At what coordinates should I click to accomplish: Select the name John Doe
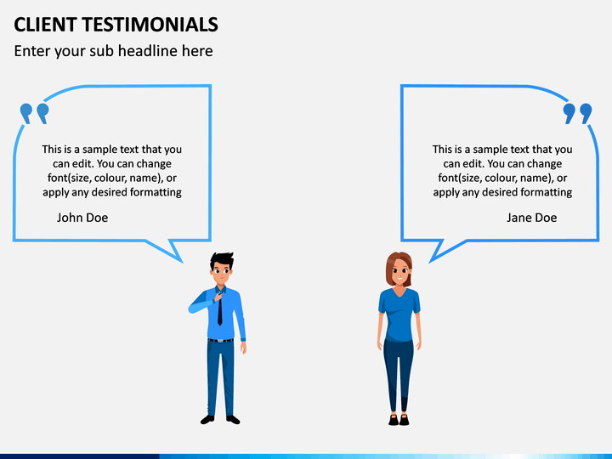82,218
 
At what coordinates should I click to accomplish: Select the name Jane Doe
531,218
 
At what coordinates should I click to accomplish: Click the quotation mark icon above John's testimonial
34,113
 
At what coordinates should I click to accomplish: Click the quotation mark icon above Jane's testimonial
577,113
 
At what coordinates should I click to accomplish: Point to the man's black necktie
219,311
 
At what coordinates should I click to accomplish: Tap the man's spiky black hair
222,259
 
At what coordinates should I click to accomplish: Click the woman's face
399,274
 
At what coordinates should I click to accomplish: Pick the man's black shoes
220,419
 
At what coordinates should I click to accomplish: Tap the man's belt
220,340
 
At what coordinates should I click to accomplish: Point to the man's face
222,275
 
